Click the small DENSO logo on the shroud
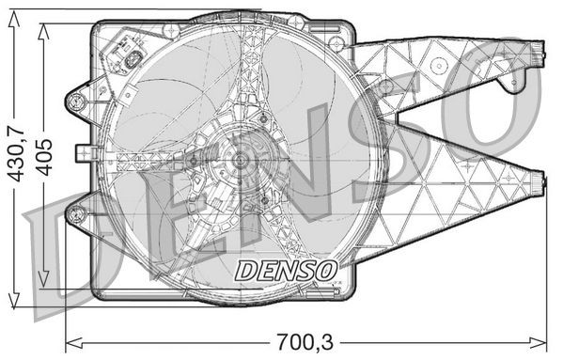(285, 270)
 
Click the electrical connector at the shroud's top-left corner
(125, 55)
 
